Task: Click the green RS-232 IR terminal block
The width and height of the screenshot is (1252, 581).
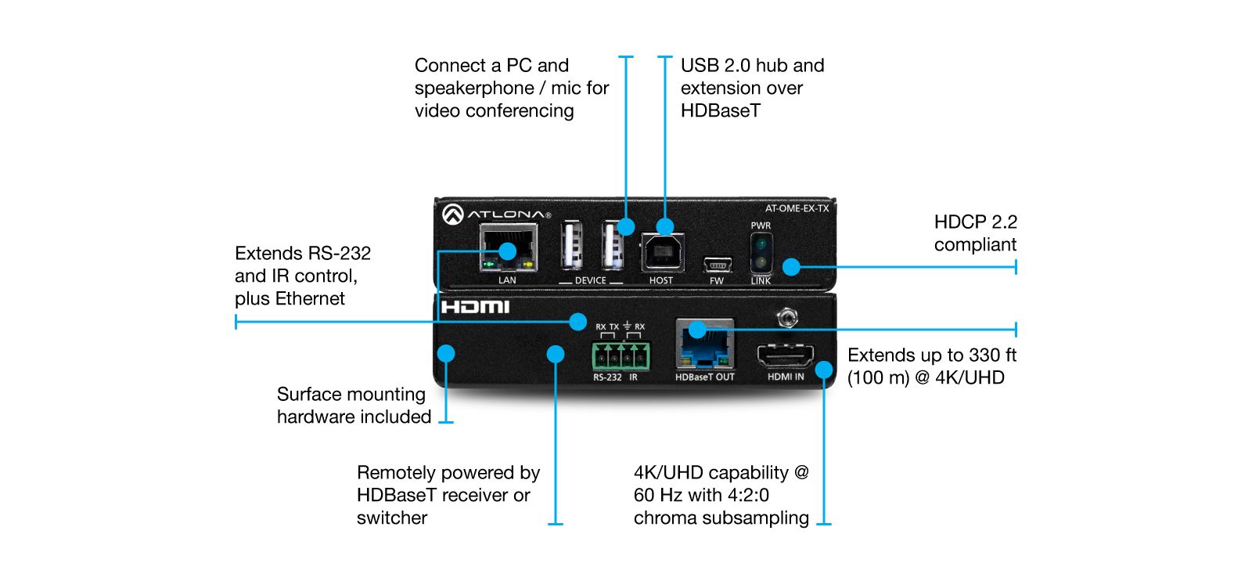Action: click(x=621, y=356)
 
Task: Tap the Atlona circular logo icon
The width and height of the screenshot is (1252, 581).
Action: click(x=452, y=214)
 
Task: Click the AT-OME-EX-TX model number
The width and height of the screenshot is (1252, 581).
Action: click(x=797, y=208)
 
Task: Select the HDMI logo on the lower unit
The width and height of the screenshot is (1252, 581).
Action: click(x=475, y=307)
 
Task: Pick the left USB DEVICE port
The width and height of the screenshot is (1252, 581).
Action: click(x=571, y=246)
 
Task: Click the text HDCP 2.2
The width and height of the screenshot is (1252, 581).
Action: click(x=975, y=222)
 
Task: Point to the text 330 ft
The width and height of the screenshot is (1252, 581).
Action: click(x=992, y=355)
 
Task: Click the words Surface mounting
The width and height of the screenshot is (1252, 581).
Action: click(x=351, y=395)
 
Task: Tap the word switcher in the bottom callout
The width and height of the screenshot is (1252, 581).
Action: click(x=391, y=518)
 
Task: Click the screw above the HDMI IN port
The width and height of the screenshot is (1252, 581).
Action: click(x=786, y=317)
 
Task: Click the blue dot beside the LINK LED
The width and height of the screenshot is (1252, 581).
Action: click(x=791, y=267)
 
